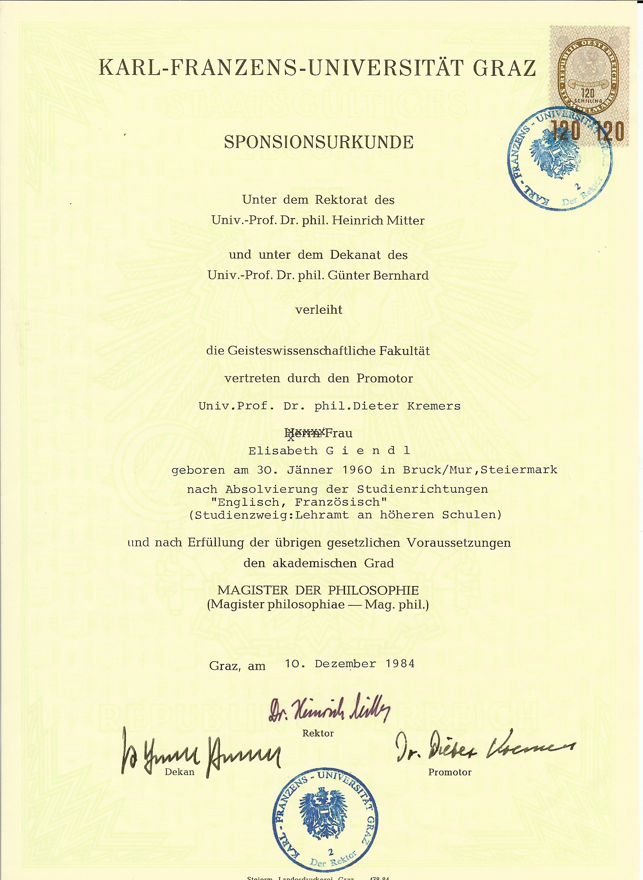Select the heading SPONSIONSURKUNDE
[318, 143]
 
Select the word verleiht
[318, 310]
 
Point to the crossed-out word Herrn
[304, 433]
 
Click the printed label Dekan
[180, 772]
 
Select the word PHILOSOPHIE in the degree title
[373, 590]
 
